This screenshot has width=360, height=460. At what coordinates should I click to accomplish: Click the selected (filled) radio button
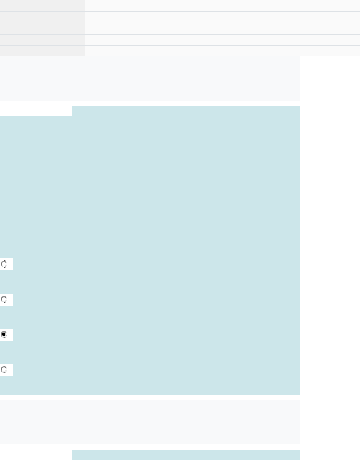tap(4, 335)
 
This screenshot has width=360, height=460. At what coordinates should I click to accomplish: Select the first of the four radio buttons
tap(4, 264)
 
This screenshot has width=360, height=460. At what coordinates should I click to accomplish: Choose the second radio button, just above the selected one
tap(4, 299)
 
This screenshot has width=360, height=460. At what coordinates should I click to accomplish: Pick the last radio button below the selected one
tap(4, 370)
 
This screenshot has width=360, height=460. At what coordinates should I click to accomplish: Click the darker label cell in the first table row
tap(42, 6)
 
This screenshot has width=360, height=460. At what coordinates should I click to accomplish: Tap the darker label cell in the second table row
tap(42, 17)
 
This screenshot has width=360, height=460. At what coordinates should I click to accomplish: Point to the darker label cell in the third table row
tap(42, 29)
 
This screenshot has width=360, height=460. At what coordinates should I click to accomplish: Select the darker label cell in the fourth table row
tap(42, 40)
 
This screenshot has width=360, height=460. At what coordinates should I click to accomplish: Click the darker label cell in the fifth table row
tap(42, 51)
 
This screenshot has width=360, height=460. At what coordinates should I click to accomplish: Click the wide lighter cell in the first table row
tap(222, 6)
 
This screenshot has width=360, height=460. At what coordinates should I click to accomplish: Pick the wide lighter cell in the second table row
tap(222, 17)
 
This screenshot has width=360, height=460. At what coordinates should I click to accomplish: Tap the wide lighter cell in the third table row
tap(222, 29)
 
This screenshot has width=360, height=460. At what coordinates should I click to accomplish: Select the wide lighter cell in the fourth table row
tap(222, 40)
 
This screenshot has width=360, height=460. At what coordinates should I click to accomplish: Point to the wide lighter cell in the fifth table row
tap(222, 51)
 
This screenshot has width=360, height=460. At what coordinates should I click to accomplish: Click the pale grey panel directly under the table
tap(150, 79)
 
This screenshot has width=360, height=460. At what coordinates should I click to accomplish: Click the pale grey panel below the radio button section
tap(150, 422)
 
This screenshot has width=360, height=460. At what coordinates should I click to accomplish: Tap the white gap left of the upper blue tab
tap(36, 111)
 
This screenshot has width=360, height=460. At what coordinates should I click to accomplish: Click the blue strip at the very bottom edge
tap(186, 455)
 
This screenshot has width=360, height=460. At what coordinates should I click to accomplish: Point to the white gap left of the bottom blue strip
tap(36, 455)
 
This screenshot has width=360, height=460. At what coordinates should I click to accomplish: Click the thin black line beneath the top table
tap(150, 56)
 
